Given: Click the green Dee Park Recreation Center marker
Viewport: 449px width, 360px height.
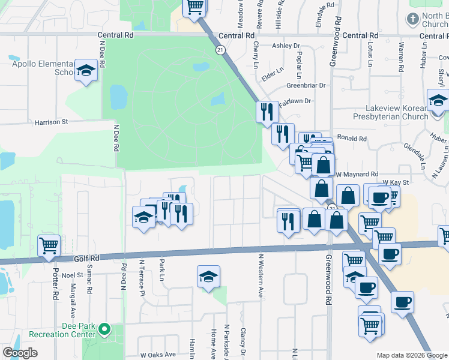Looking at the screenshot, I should pos(104,329).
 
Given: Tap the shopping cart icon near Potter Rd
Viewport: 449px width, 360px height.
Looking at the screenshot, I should pos(49,245).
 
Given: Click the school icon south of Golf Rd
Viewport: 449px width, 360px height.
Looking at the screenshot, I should pos(208,276).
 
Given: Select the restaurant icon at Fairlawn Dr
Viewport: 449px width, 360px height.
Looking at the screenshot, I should pos(265,112).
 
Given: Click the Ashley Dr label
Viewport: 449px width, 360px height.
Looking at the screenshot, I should pos(286,46).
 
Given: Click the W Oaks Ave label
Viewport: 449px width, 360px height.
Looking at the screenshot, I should pos(158,354).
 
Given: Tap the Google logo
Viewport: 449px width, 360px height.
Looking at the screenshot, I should pos(20,353).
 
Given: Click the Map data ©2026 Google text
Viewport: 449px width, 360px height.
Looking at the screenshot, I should pos(411,355).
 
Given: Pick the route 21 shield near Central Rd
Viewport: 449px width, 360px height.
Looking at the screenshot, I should pos(221,50).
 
